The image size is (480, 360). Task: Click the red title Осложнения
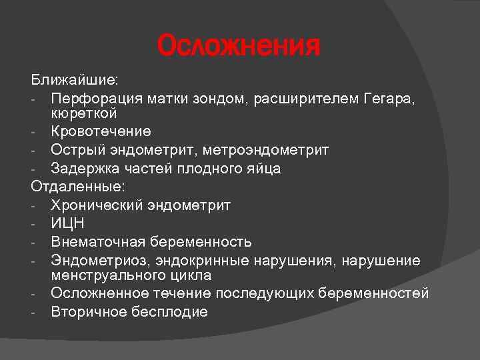pyautogui.click(x=239, y=47)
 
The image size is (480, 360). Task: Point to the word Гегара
pyautogui.click(x=389, y=98)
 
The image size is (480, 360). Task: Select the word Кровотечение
pyautogui.click(x=101, y=132)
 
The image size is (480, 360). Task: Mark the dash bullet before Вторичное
pyautogui.click(x=33, y=312)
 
